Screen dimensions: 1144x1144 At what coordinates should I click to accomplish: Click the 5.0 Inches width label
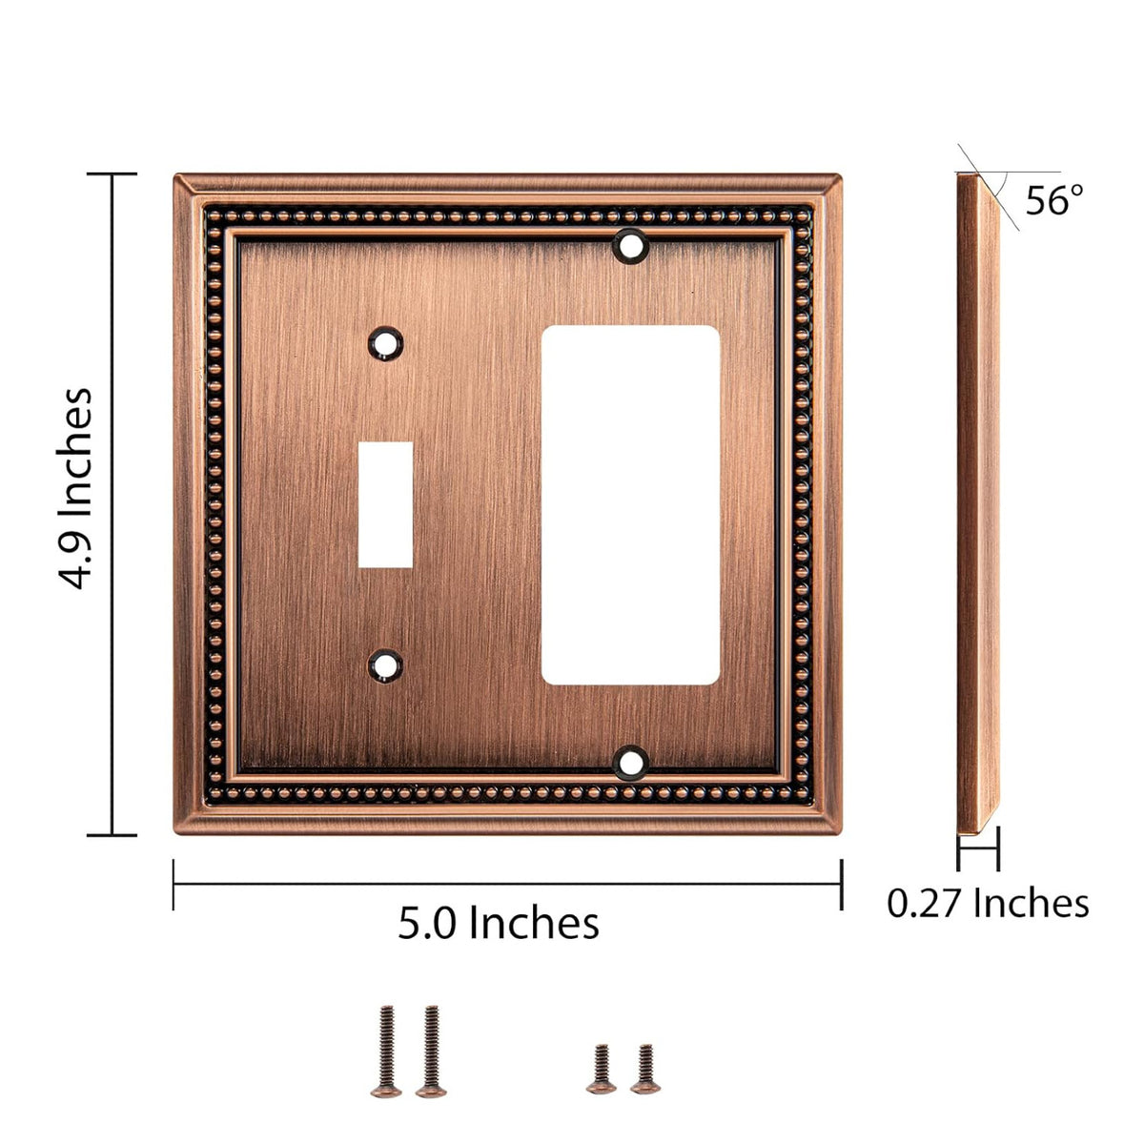pos(499,923)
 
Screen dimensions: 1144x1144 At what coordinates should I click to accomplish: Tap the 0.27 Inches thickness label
pos(988,903)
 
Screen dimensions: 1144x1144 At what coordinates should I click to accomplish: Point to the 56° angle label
pos(1054,200)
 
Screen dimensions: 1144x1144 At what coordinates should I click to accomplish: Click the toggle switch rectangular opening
pos(386,505)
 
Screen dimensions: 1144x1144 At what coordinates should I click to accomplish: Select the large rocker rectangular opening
pos(630,505)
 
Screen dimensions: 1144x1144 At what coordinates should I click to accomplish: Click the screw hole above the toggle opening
pos(386,343)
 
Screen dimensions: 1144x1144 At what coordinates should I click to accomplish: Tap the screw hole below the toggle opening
pos(386,666)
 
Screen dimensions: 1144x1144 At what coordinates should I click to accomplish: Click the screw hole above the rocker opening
pos(630,245)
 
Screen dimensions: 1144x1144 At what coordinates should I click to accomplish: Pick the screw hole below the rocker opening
pos(630,762)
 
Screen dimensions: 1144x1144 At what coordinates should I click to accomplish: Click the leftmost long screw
pos(386,1048)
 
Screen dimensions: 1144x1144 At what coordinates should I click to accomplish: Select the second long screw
pos(430,1048)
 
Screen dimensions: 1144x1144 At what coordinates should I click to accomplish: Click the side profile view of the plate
pos(979,496)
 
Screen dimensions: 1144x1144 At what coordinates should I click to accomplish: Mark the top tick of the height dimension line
pos(112,174)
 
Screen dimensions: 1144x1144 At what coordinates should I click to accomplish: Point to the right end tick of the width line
pos(841,885)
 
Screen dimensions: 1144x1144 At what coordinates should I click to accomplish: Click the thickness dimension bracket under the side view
pos(978,848)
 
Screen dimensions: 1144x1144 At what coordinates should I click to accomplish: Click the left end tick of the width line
pos(174,885)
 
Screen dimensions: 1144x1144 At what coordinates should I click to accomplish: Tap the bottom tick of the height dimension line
pos(112,835)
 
